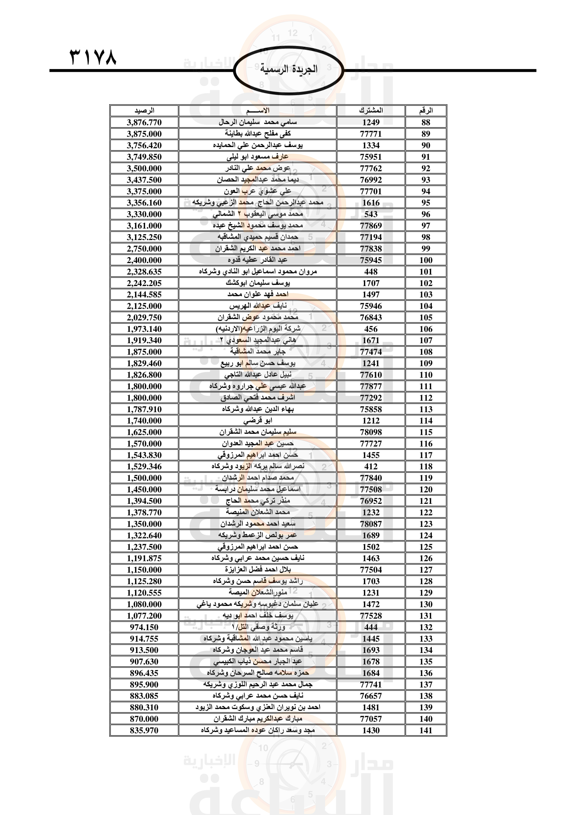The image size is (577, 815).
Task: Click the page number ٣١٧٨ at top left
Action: pos(93,57)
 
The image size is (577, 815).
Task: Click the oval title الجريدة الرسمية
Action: pos(288,69)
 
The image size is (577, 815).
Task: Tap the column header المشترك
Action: pos(370,111)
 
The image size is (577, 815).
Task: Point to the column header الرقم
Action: pos(426,111)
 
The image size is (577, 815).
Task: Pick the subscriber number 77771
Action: pos(370,134)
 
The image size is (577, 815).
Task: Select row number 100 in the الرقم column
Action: pos(426,260)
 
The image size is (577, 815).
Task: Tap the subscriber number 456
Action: pos(370,329)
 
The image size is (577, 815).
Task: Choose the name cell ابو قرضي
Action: pos(257,421)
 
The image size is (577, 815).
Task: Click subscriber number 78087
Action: pos(370,524)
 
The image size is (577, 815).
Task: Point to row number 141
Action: pos(426,731)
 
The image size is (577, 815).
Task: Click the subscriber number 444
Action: pos(370,627)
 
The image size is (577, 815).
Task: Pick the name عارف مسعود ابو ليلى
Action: pos(257,156)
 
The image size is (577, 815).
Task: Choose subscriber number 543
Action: pos(370,214)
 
